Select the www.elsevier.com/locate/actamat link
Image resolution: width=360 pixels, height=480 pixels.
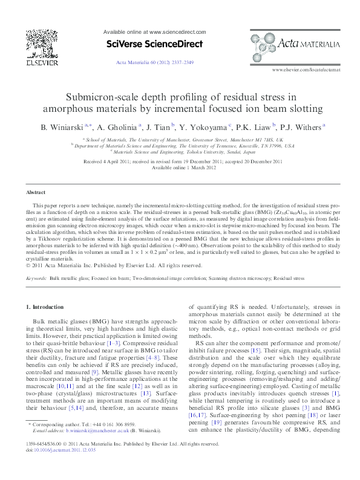tap(306, 70)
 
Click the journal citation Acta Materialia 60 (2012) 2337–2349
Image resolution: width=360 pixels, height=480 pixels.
tap(154, 62)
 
